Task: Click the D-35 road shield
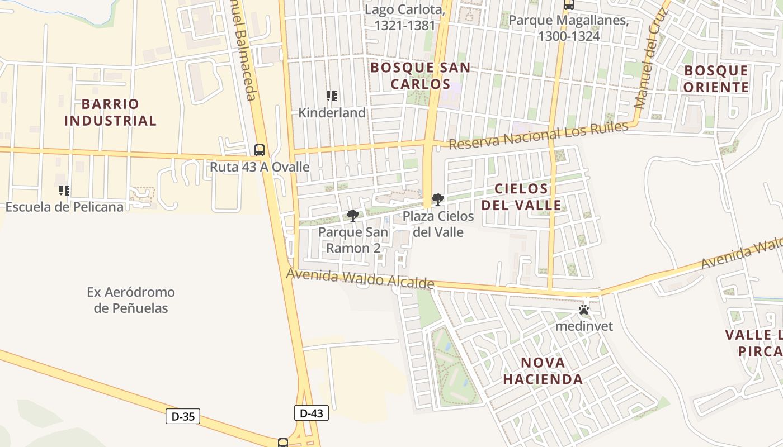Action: pos(183,416)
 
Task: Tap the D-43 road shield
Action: pos(312,413)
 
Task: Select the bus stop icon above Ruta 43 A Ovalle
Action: pos(260,150)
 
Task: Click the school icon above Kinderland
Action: pos(332,96)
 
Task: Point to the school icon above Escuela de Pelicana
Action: pos(64,191)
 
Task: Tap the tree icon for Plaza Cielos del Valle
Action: pos(437,199)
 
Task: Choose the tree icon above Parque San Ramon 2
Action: pos(353,215)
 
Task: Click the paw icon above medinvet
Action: pos(584,310)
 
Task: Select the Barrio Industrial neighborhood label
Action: pos(110,112)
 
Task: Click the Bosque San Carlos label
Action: pos(421,76)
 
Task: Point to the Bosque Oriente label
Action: pos(716,79)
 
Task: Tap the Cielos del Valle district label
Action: pos(521,197)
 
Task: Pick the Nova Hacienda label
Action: pos(543,371)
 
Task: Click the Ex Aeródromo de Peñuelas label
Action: pos(131,300)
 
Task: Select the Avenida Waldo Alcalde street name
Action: pos(360,278)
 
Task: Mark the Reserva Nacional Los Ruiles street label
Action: pos(539,136)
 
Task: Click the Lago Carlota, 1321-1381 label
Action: pos(405,17)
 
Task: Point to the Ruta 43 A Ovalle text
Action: pos(260,167)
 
